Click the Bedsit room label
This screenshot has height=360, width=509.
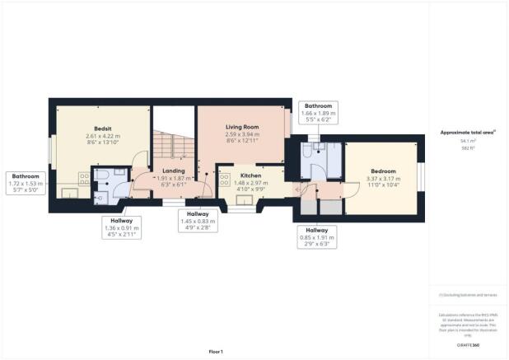tap(103, 128)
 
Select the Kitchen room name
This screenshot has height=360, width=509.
tap(250, 176)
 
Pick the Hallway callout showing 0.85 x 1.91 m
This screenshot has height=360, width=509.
tap(318, 236)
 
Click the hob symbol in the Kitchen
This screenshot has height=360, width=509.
tap(224, 182)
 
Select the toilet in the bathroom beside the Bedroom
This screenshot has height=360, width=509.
tap(306, 151)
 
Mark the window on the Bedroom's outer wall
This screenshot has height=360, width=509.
tap(421, 178)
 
